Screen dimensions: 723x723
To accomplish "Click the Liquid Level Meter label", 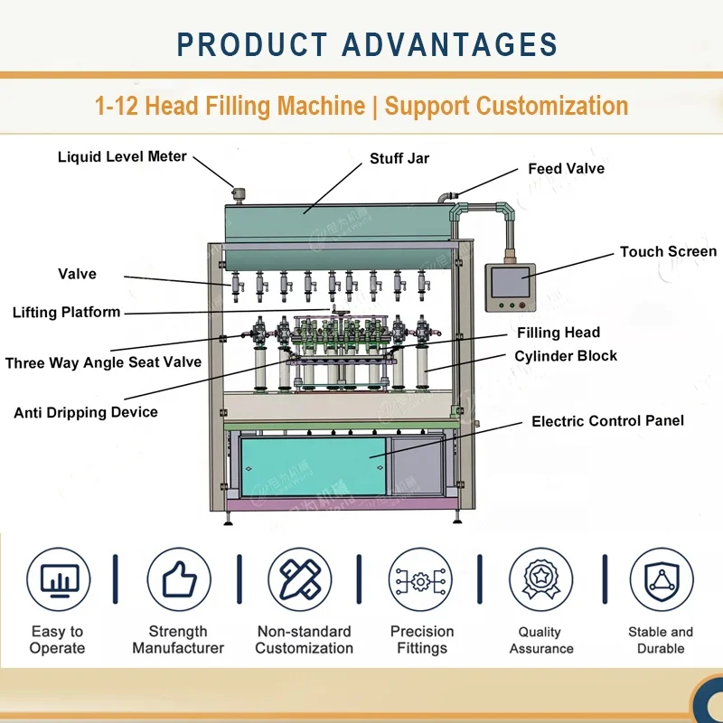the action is click(122, 156).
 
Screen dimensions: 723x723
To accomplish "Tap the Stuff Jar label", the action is click(399, 159).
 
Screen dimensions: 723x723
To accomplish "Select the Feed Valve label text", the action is click(567, 169).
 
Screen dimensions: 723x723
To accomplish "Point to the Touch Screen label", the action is click(668, 252).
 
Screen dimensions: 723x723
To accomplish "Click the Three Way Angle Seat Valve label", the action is click(103, 362).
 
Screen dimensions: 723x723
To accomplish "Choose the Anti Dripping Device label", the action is click(86, 412).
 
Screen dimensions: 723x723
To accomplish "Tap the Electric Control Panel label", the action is click(607, 421).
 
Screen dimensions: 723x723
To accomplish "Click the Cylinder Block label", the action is click(566, 356).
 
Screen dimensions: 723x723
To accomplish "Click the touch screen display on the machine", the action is click(510, 282).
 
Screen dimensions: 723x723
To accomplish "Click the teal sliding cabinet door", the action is click(313, 466).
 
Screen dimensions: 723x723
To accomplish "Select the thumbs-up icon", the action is click(179, 579).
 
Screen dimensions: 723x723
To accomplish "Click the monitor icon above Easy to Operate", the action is click(59, 579).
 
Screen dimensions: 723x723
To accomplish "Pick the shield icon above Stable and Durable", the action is click(662, 579).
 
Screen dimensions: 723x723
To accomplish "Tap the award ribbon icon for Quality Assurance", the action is click(540, 579).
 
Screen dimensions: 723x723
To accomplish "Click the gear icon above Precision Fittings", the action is click(420, 581).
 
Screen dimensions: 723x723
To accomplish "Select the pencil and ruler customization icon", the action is click(300, 579).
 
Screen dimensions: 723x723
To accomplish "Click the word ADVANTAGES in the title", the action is click(449, 44).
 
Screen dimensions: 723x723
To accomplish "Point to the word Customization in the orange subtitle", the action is click(552, 106).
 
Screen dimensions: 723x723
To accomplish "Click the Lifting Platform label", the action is click(66, 312).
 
